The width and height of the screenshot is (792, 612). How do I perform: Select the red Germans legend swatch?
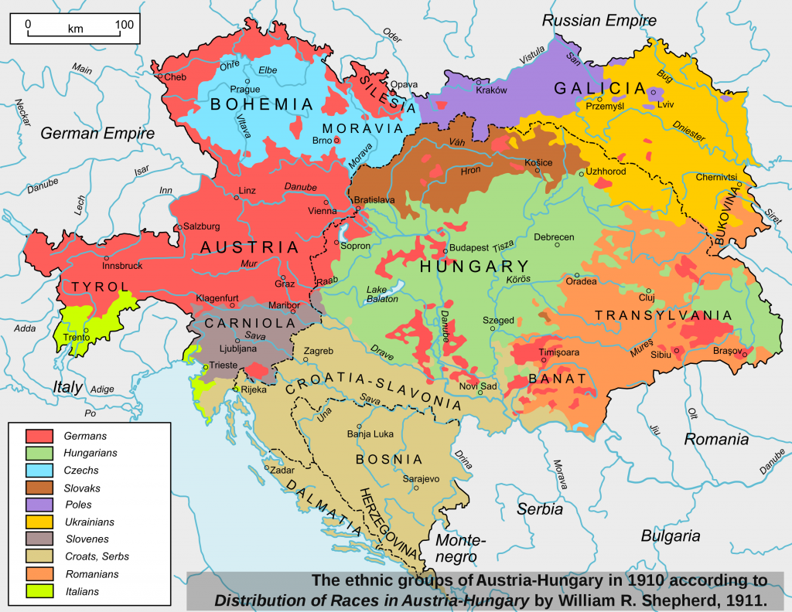pos(39,436)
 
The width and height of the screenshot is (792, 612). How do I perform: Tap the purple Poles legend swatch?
pos(39,504)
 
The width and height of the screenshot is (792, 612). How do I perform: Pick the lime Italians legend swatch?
pos(39,591)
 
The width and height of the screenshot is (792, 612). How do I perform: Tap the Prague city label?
pos(245,89)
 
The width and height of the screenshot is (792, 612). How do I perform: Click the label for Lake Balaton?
pos(384,294)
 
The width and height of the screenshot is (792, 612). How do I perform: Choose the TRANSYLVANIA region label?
pos(663,315)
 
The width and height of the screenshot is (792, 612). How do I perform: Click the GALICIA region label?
pos(589,89)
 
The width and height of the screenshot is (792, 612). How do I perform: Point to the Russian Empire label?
pos(599,21)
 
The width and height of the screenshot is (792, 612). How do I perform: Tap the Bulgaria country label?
pos(670,535)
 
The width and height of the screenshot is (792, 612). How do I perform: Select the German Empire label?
pos(97,134)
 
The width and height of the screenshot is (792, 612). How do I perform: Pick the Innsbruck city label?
pos(122,266)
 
